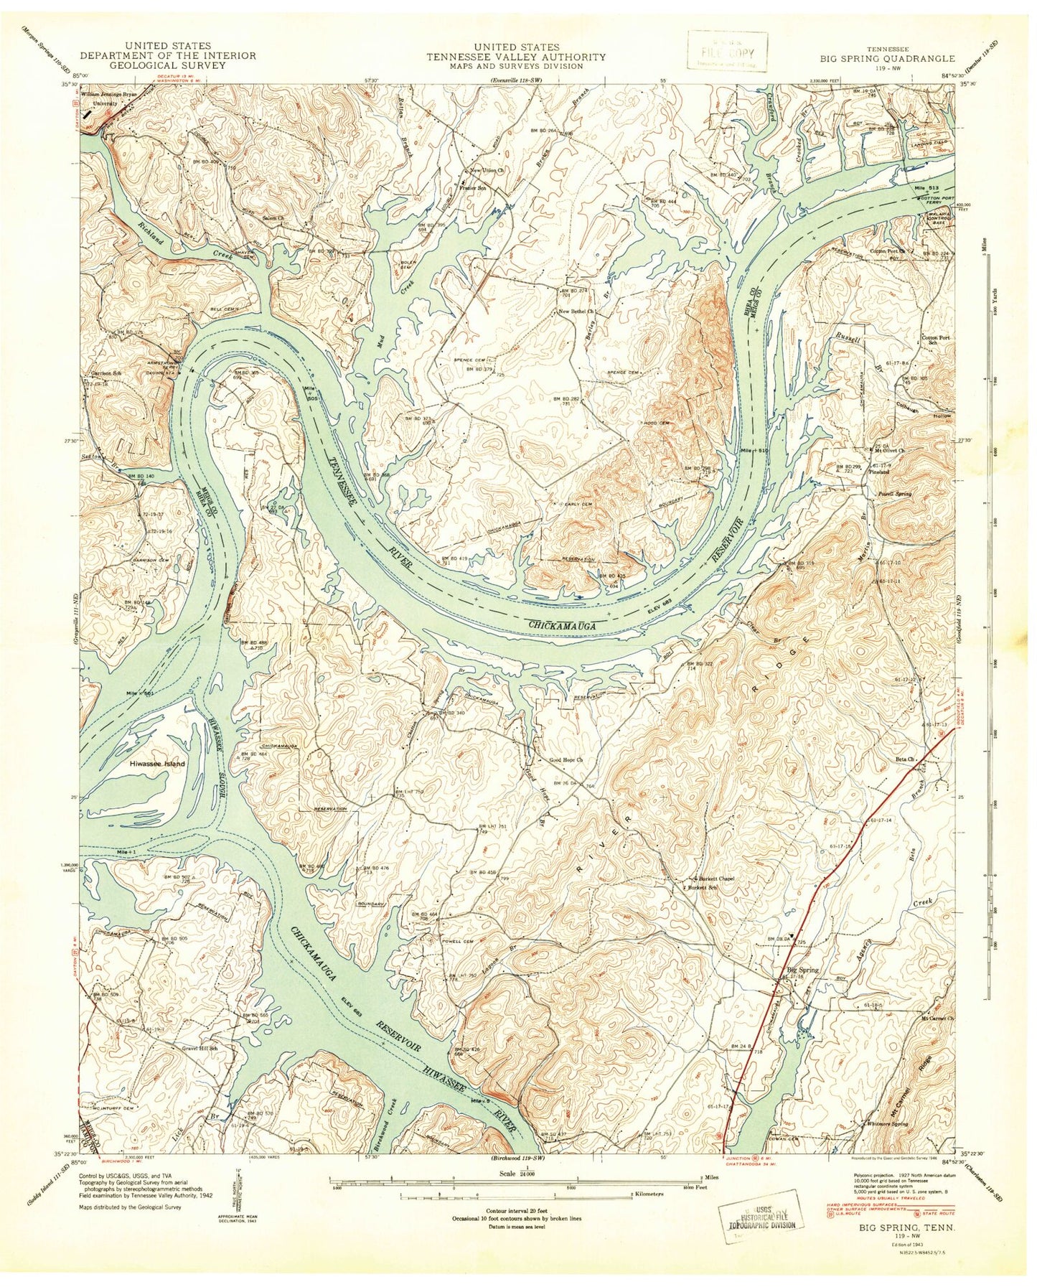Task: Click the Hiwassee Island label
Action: click(156, 764)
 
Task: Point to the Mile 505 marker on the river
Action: click(309, 391)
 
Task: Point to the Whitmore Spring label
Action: click(887, 1143)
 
